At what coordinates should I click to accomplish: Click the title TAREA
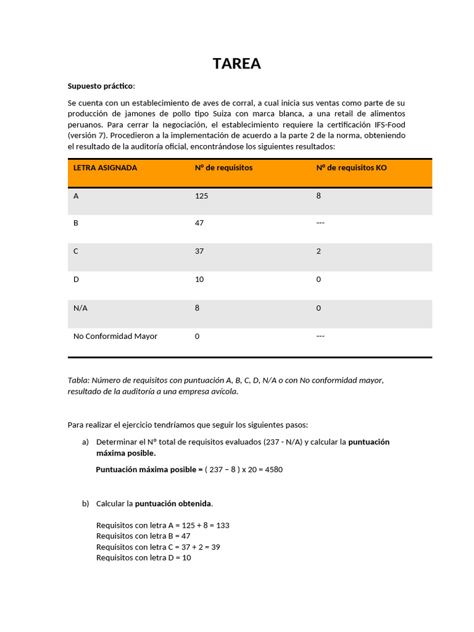click(x=237, y=64)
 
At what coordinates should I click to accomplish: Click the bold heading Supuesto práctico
click(x=100, y=86)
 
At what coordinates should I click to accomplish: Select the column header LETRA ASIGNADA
click(x=105, y=168)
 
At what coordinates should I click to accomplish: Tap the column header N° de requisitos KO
click(x=351, y=168)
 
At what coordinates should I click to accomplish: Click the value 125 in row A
click(x=201, y=196)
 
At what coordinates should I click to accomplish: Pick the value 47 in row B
click(x=199, y=223)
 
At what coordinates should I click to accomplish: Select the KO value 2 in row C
click(x=318, y=251)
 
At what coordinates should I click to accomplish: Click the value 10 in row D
click(x=199, y=280)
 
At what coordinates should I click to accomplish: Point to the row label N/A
click(x=80, y=308)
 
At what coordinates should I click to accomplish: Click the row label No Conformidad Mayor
click(x=115, y=336)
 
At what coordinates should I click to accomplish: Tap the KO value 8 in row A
click(x=318, y=196)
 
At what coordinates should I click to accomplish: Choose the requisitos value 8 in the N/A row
click(x=197, y=308)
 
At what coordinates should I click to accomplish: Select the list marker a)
click(x=85, y=442)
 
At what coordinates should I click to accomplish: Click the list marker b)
click(x=85, y=504)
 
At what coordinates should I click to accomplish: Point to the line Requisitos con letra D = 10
click(x=143, y=558)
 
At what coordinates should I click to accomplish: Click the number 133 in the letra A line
click(x=223, y=525)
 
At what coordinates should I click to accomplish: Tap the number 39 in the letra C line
click(x=215, y=547)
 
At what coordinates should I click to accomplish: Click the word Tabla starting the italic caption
click(x=78, y=380)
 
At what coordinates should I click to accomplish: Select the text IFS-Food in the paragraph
click(x=389, y=125)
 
